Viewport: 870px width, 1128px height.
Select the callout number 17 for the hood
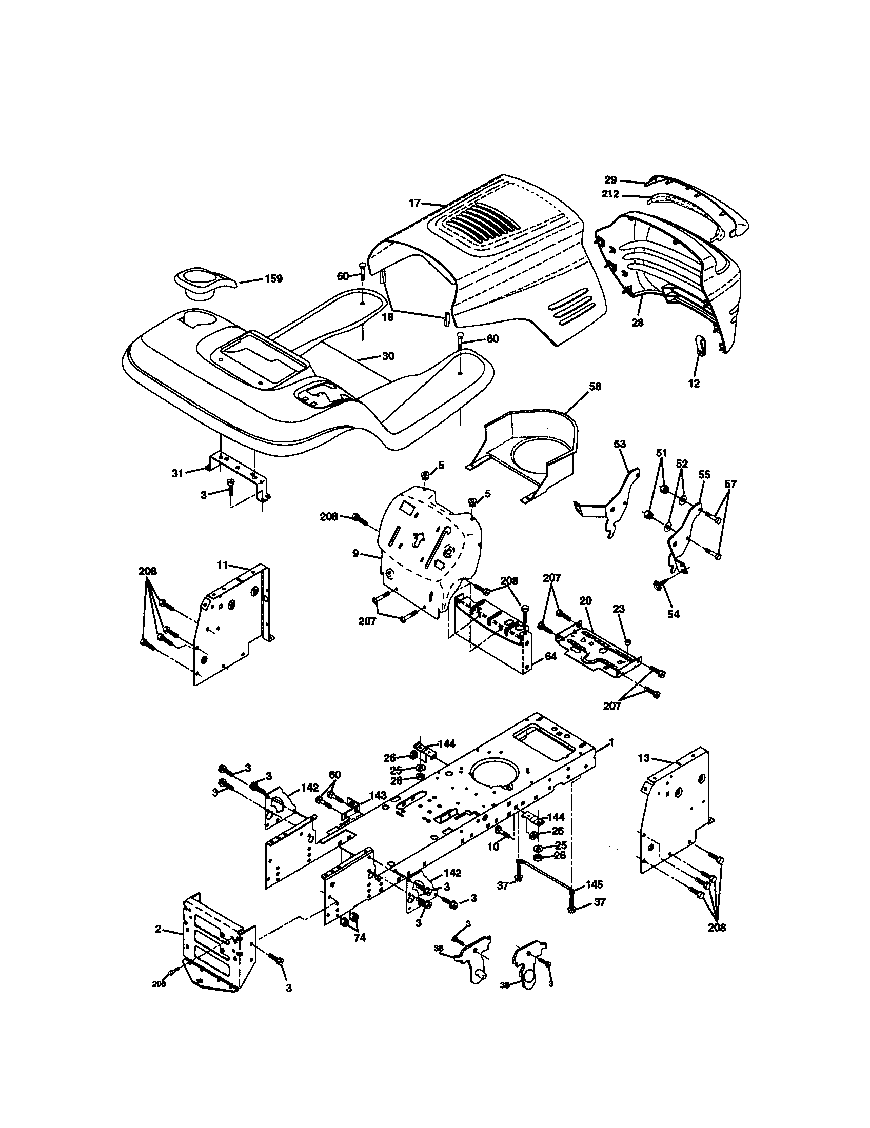point(415,203)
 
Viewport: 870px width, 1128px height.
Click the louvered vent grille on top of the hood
point(482,225)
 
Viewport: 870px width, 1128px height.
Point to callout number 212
point(610,195)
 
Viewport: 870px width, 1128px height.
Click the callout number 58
point(595,386)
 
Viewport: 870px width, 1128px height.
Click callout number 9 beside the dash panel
point(355,554)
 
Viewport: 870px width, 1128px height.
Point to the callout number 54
point(673,614)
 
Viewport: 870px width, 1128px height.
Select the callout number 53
point(620,444)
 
